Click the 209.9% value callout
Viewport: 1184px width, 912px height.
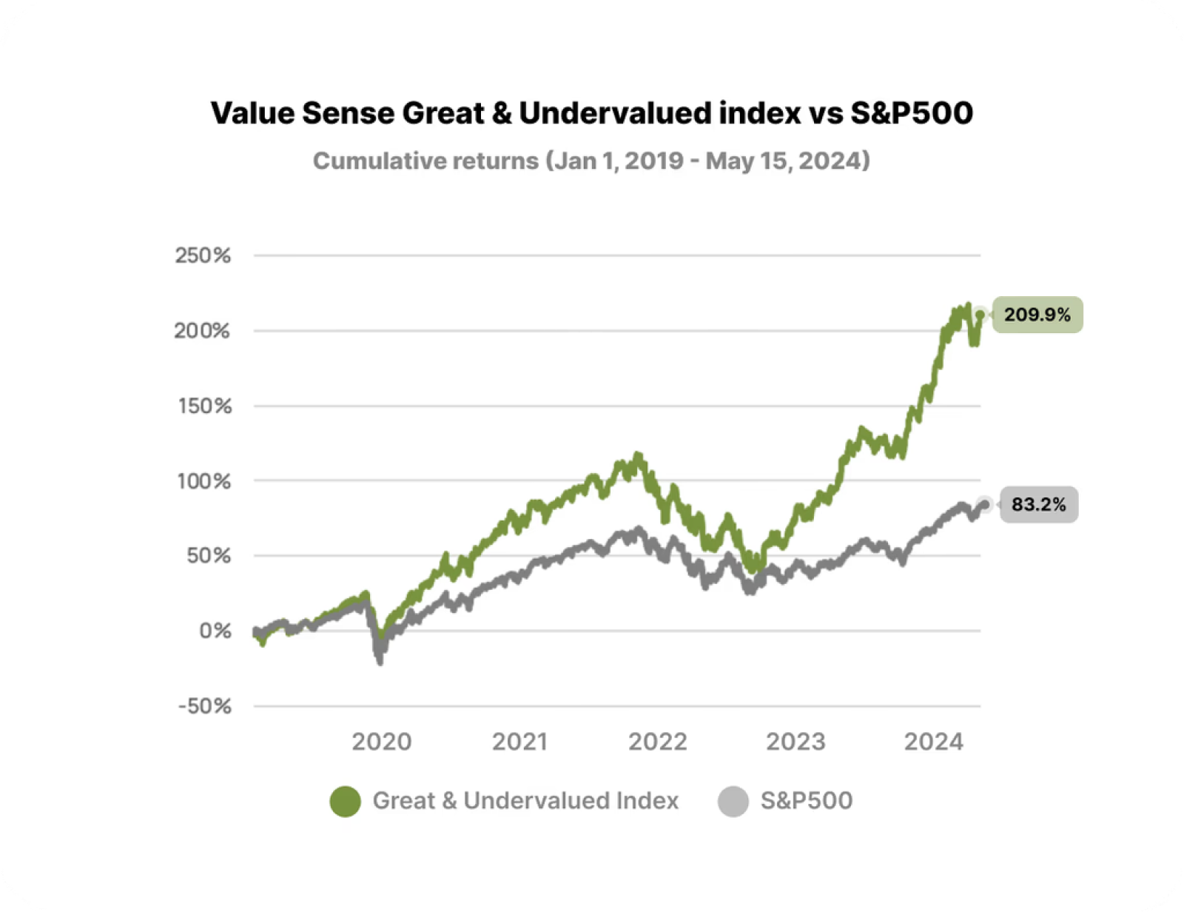(x=1037, y=315)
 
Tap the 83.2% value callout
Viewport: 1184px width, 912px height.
(x=1038, y=505)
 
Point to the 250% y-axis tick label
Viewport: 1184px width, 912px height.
(x=203, y=255)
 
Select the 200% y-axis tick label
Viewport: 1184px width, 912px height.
(x=202, y=331)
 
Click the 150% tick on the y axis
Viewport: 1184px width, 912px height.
(x=204, y=406)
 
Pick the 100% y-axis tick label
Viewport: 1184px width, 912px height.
(x=203, y=481)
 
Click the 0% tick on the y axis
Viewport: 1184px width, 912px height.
(x=215, y=631)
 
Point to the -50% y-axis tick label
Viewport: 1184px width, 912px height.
(x=204, y=706)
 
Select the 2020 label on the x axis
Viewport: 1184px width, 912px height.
(x=381, y=742)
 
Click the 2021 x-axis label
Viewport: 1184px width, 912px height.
(x=519, y=742)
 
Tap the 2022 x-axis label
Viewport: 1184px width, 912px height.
(x=657, y=742)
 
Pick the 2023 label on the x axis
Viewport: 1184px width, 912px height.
(x=795, y=742)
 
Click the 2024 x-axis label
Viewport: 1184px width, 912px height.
(x=934, y=742)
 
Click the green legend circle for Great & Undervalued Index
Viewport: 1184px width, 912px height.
(x=345, y=801)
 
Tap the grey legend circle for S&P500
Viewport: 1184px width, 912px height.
(x=733, y=801)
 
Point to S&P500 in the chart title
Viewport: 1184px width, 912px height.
(x=911, y=113)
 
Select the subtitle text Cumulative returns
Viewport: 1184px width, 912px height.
(x=425, y=161)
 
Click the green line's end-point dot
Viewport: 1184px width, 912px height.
(x=980, y=315)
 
